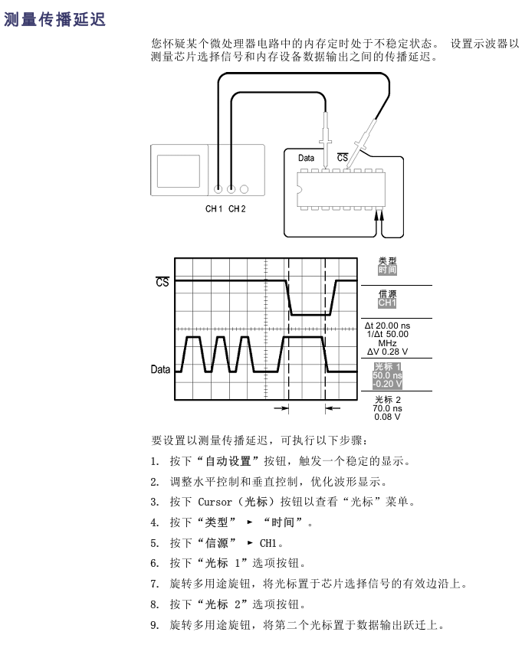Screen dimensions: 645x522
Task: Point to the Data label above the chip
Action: point(306,158)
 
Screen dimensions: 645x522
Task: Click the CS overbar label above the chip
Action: point(343,158)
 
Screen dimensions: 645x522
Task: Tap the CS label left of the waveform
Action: point(163,281)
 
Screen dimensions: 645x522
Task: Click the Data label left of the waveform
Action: point(160,369)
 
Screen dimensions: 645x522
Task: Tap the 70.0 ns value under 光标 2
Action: point(388,408)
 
